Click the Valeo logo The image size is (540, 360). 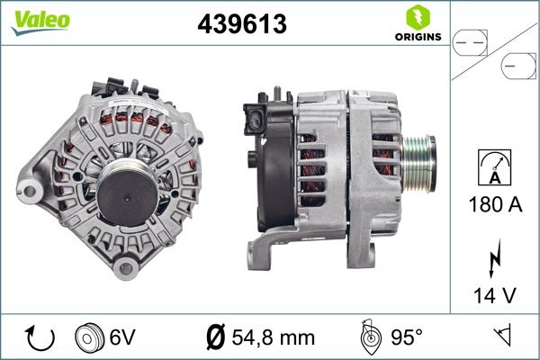click(40, 22)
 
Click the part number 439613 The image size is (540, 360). click(242, 24)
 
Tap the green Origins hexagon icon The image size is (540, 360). click(418, 18)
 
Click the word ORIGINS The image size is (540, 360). click(418, 37)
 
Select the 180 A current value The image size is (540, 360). click(495, 204)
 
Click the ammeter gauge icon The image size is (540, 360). click(494, 167)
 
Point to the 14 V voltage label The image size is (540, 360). click(495, 295)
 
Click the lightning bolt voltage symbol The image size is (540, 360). click(494, 258)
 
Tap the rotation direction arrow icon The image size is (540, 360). click(40, 337)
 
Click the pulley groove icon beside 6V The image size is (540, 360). click(89, 337)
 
